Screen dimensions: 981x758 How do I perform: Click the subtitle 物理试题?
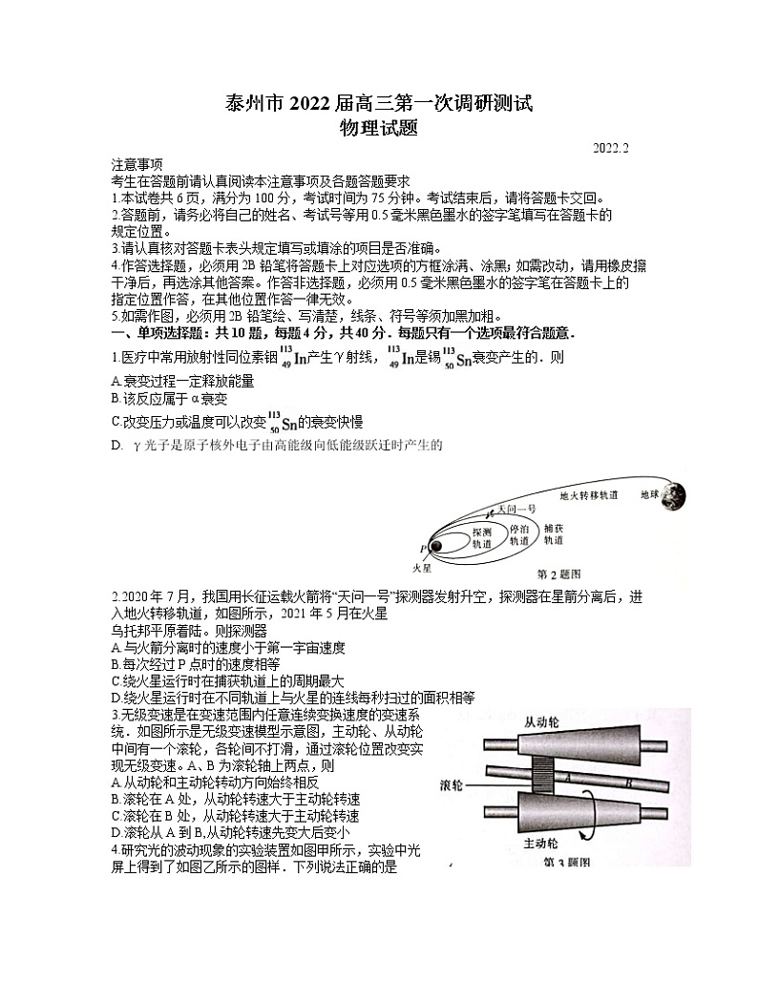378,129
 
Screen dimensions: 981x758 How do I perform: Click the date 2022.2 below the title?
610,149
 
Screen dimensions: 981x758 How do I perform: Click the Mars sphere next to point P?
434,547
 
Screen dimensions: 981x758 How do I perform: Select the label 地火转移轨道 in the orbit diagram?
588,496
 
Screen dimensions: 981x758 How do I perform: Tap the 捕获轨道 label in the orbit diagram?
554,533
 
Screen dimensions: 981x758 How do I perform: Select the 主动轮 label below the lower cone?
541,844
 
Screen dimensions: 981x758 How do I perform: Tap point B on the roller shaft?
629,783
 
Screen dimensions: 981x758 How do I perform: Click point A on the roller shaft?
567,778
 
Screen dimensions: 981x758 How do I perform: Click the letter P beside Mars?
422,549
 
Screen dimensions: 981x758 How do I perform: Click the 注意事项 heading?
137,164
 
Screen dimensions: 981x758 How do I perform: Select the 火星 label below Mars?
421,567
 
